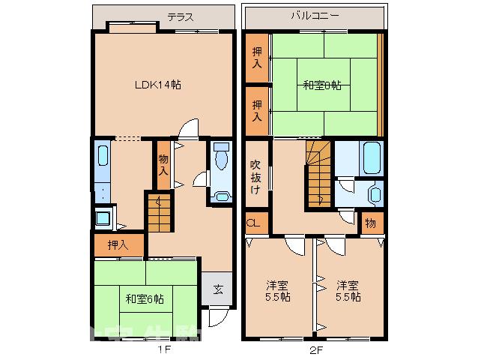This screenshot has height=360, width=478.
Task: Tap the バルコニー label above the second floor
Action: [x=315, y=14]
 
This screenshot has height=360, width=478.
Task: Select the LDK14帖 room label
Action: [x=157, y=85]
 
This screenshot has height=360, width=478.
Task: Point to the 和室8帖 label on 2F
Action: [x=322, y=85]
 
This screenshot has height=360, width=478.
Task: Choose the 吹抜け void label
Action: [x=255, y=176]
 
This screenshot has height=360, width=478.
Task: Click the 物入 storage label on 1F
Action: [x=163, y=164]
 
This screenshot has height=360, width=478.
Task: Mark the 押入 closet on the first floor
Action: [x=117, y=244]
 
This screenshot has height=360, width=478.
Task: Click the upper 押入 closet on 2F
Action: [x=257, y=58]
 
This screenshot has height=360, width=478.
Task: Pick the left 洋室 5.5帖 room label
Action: [x=278, y=291]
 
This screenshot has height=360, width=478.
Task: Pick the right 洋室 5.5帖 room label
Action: [x=348, y=291]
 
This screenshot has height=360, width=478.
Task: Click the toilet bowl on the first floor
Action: [x=222, y=159]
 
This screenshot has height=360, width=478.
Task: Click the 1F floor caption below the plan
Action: [x=164, y=349]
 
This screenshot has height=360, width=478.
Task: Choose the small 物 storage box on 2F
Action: [x=371, y=223]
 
